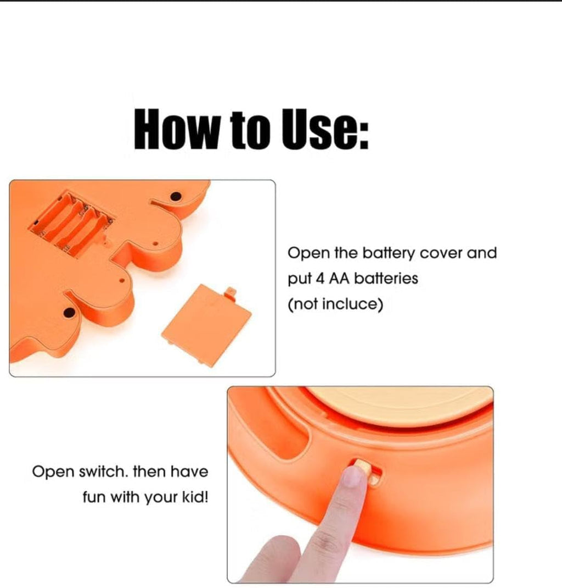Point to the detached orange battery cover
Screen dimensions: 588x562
206,325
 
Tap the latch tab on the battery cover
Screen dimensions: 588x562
231,291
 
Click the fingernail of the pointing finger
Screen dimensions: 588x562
352,476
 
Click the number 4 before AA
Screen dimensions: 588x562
319,279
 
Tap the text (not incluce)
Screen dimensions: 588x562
335,304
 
